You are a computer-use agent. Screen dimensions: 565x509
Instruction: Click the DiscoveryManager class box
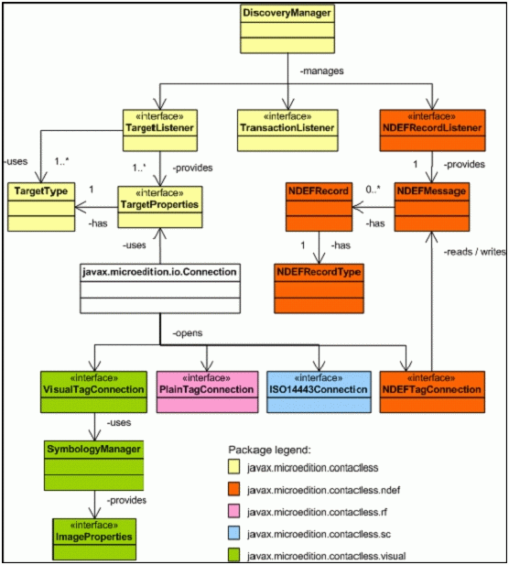pyautogui.click(x=287, y=28)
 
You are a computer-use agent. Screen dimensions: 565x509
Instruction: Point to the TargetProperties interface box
pyautogui.click(x=161, y=206)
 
